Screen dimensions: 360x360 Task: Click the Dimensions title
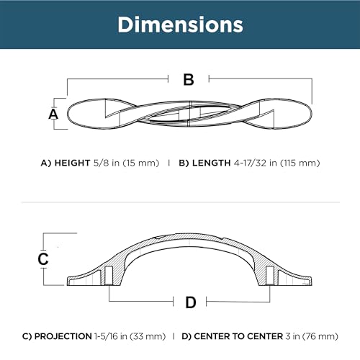pos(180,24)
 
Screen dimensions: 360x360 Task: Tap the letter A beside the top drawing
pos(53,114)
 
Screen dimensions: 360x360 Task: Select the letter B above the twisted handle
pos(189,79)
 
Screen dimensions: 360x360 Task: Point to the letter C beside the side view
pos(43,258)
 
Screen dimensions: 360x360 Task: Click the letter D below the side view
pos(191,302)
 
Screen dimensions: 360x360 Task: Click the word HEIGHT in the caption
pos(72,163)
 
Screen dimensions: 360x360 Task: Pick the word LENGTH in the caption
pos(212,163)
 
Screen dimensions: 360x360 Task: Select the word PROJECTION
pos(63,336)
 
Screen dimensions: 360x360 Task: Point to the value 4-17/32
pos(251,163)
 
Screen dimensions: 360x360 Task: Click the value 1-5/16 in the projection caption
pos(106,336)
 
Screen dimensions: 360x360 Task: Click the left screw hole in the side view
pos(109,276)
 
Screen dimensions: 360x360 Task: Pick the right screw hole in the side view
pos(270,276)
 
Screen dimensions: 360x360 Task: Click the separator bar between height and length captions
pos(169,163)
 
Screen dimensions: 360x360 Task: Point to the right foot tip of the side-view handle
pos(312,282)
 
